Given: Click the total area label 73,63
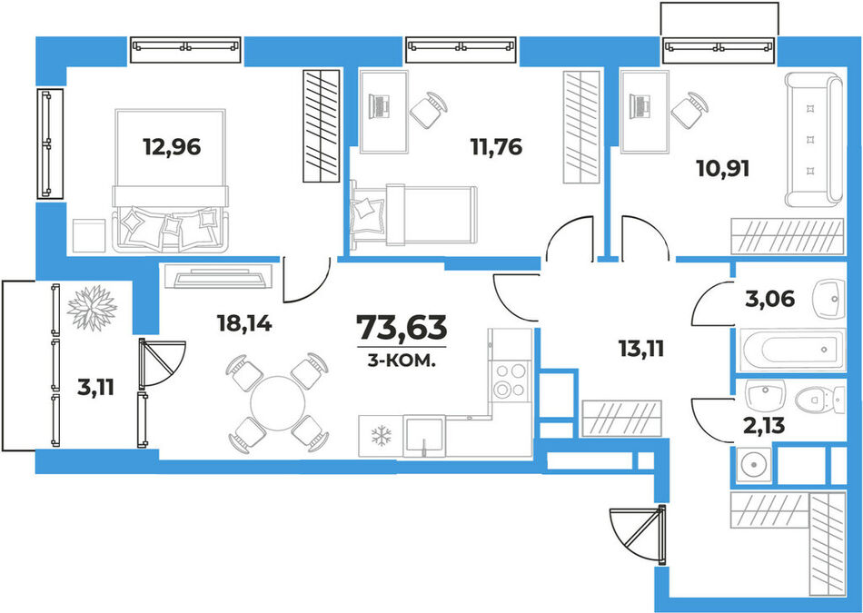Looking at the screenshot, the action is click(402, 328).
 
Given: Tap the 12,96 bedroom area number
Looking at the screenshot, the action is click(172, 147).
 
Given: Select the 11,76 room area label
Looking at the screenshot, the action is click(496, 147).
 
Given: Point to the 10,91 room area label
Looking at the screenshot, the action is click(723, 169).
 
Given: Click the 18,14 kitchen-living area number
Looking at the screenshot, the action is click(244, 323).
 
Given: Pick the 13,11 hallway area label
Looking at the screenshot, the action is click(641, 349).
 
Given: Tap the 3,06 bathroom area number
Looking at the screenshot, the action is click(770, 300).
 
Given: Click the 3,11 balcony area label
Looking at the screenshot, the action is click(95, 388).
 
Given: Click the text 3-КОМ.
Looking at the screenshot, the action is click(402, 361).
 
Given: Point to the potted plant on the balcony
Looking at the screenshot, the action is click(92, 308).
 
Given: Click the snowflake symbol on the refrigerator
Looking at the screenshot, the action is click(381, 436).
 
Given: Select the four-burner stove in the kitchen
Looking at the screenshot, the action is click(511, 381).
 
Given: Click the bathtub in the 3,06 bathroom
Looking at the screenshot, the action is click(791, 350).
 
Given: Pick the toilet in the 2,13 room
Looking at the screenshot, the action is click(820, 399).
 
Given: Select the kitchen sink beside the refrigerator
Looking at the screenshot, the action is click(424, 436).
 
